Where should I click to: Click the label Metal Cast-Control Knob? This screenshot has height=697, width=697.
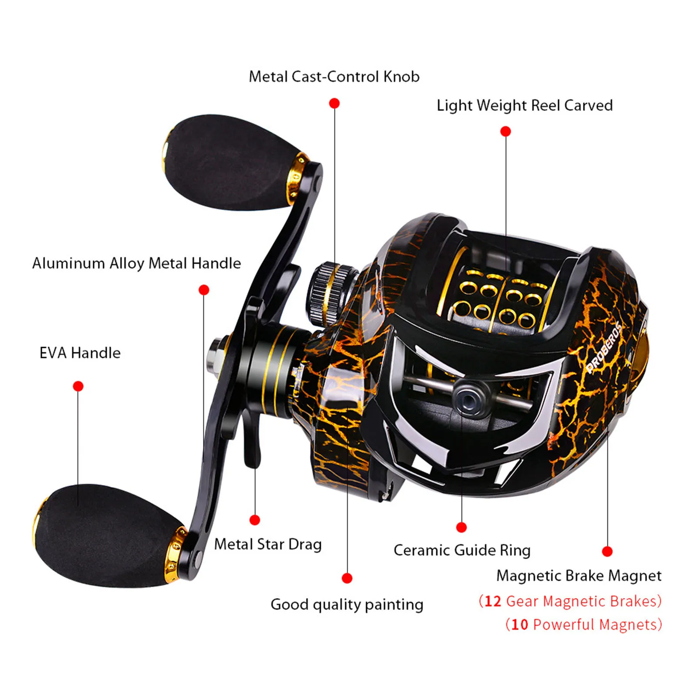(334, 77)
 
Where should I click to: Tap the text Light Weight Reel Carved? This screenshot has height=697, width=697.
(525, 105)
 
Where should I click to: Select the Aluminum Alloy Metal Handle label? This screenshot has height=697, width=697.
(136, 263)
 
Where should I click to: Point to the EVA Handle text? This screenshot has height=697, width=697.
(80, 353)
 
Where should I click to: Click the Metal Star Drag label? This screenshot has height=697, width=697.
(268, 544)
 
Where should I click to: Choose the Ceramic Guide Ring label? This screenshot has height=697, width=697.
(462, 550)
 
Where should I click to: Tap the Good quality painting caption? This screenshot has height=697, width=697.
(347, 604)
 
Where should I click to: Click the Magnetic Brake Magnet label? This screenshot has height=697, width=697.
(579, 576)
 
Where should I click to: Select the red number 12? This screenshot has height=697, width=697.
(493, 601)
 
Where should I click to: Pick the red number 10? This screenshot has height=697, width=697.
(519, 625)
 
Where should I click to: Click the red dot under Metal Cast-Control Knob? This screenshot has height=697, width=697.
(334, 103)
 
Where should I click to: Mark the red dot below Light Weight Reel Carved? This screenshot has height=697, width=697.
(505, 131)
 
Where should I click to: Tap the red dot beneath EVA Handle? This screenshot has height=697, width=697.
(78, 386)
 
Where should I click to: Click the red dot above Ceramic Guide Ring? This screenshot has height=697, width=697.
(461, 528)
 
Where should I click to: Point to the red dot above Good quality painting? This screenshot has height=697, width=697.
(347, 578)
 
